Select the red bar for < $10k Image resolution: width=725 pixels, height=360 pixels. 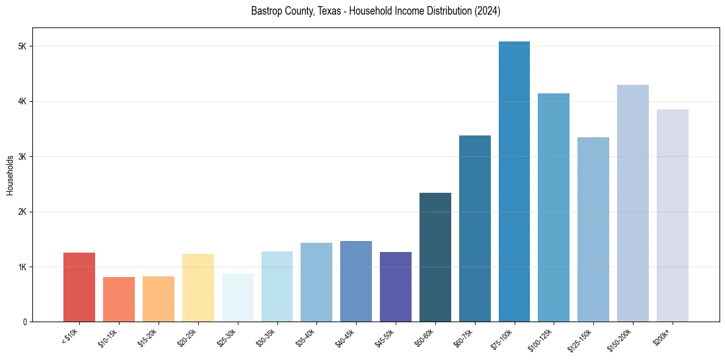point(79,287)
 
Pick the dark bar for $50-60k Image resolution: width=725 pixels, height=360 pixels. point(435,257)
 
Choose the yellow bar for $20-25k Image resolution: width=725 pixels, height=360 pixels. point(198,287)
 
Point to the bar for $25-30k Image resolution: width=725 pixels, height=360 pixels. point(237,297)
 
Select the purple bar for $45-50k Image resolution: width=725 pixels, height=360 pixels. point(396,287)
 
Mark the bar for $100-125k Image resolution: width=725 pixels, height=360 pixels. point(554,207)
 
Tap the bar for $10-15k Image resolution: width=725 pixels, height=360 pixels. point(119,299)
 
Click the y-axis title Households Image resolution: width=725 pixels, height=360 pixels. point(10,175)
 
